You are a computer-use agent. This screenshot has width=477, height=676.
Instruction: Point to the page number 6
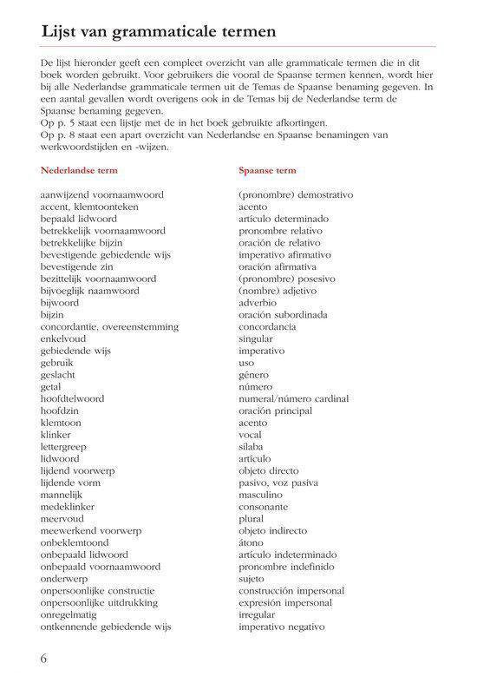(x=44, y=656)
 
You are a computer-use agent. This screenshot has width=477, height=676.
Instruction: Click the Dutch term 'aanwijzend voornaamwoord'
(x=101, y=196)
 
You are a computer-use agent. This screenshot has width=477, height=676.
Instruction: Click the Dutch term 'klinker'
(x=56, y=434)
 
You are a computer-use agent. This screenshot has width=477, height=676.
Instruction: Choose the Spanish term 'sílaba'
(x=252, y=446)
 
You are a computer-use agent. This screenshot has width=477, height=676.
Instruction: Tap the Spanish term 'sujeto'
(x=252, y=578)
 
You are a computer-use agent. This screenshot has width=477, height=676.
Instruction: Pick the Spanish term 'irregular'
(x=258, y=614)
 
